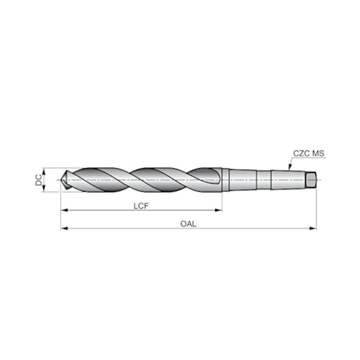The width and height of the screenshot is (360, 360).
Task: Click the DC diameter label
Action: [x=38, y=179]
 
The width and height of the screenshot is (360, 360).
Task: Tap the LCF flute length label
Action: [x=142, y=206]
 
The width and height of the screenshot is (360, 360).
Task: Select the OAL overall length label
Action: [x=188, y=224]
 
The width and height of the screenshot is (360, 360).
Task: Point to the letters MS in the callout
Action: [x=318, y=154]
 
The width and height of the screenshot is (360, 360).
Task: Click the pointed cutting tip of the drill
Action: [x=62, y=179]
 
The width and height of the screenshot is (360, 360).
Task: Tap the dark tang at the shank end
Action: [x=311, y=179]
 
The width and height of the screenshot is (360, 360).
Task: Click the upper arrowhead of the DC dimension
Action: [x=45, y=170]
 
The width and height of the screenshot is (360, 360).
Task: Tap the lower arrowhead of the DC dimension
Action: [x=45, y=189]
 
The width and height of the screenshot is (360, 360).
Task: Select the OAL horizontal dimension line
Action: [x=235, y=229]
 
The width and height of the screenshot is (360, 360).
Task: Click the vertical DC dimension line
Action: [x=45, y=179]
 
